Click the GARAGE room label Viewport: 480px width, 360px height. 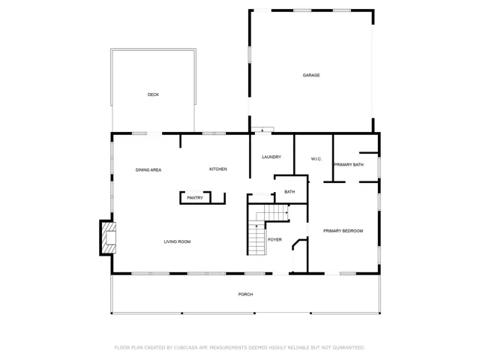[x=311, y=75]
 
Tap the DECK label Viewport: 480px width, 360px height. [x=153, y=94]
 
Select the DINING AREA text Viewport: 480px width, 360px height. [x=148, y=170]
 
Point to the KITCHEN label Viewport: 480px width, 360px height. [x=218, y=169]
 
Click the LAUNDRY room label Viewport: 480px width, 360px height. [x=271, y=157]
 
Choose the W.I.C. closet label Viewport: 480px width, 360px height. [x=316, y=159]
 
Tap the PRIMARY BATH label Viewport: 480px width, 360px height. [x=349, y=165]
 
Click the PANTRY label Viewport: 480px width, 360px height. [x=195, y=198]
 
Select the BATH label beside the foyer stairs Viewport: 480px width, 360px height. [x=289, y=192]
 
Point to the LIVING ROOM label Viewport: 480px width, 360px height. [x=177, y=241]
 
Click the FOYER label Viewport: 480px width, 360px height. [x=275, y=240]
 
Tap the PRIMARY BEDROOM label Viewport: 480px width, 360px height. [x=343, y=231]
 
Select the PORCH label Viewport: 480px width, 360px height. [x=245, y=295]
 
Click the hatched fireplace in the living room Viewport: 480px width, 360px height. [x=109, y=238]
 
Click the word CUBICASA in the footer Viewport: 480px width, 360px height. [x=186, y=348]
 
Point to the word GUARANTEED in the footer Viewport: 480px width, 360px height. [x=349, y=348]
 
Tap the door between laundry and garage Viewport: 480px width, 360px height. [x=262, y=130]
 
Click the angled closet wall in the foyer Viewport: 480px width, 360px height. [x=295, y=244]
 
